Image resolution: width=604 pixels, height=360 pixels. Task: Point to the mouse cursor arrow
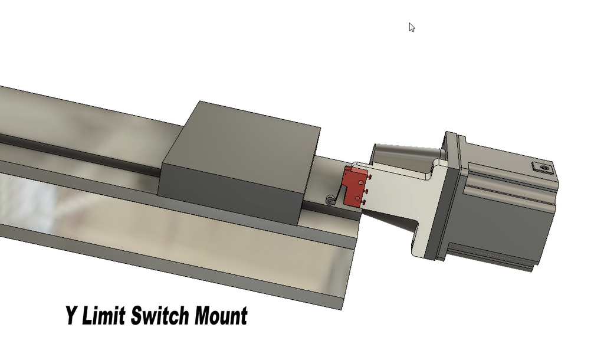[411, 27]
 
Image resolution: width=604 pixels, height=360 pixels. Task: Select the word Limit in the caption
[103, 316]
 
